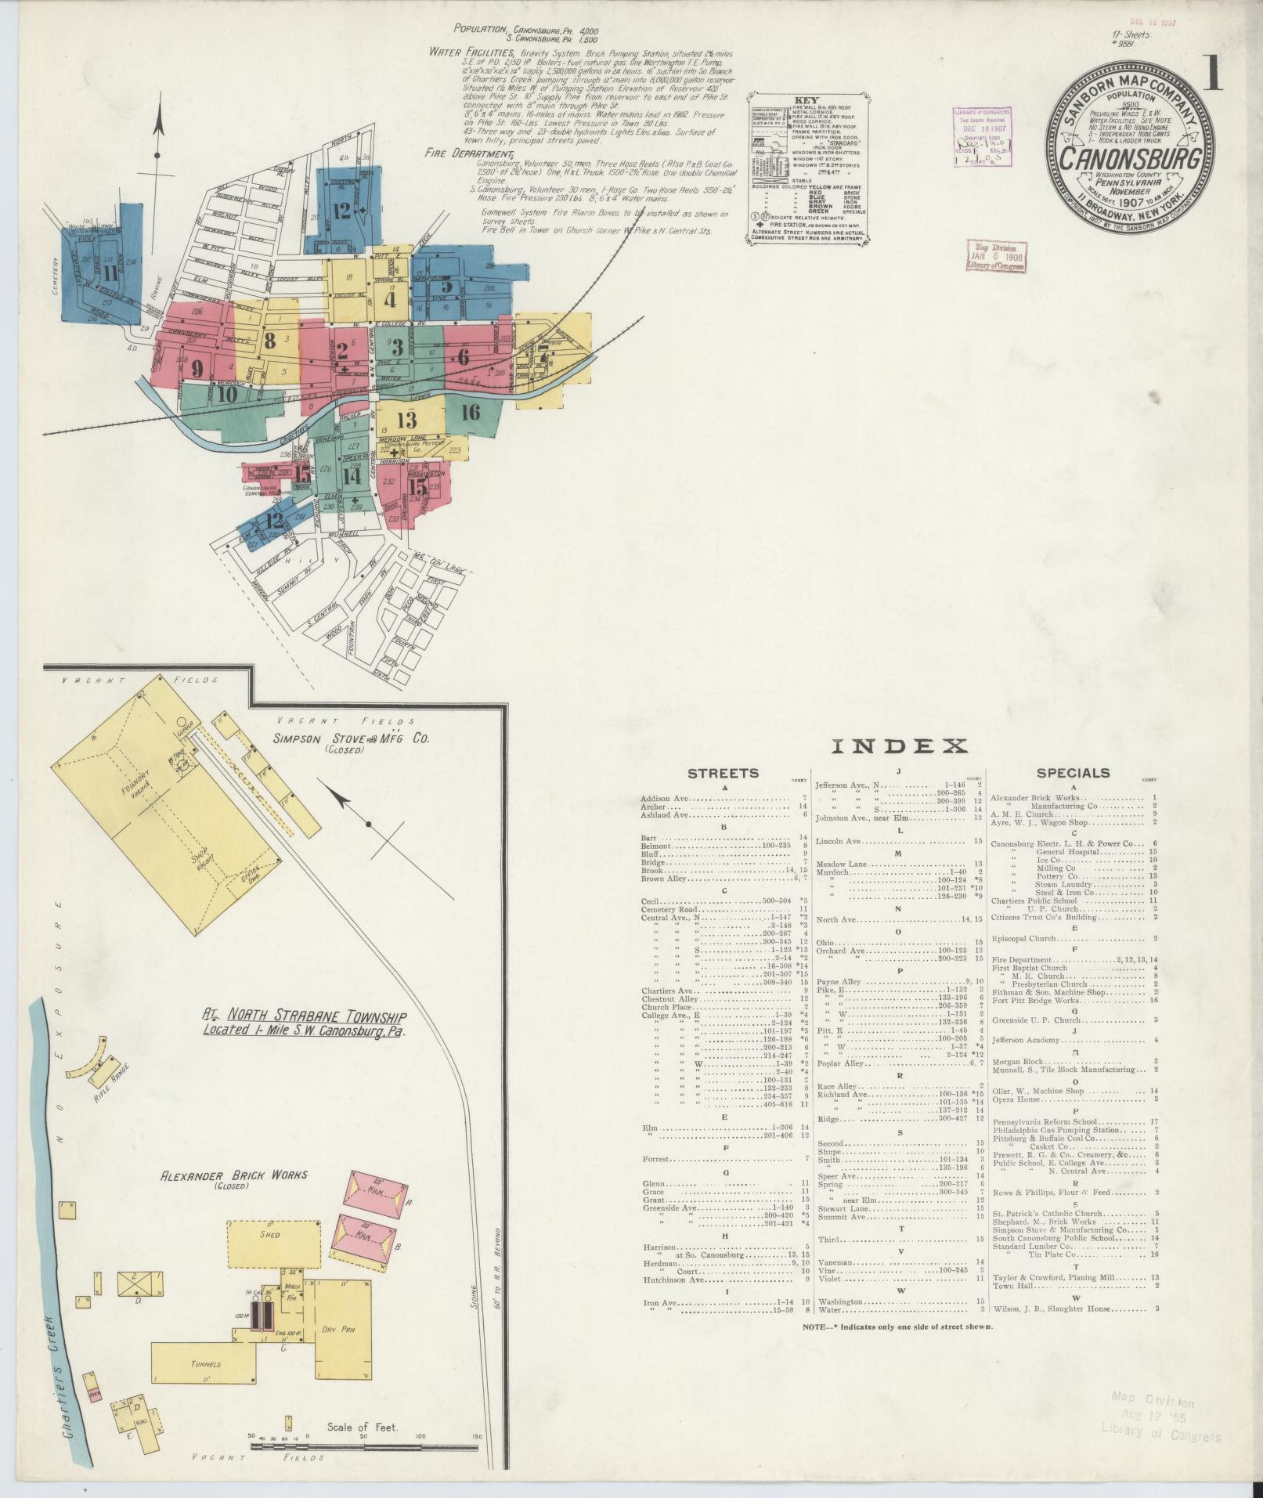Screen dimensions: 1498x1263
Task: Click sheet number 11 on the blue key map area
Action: pyautogui.click(x=109, y=273)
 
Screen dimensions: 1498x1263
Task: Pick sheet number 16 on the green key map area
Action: pyautogui.click(x=470, y=413)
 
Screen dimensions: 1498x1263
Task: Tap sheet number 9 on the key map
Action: pyautogui.click(x=197, y=369)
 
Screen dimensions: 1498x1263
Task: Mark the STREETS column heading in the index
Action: pyautogui.click(x=723, y=773)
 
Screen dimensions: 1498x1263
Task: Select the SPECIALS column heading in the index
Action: pyautogui.click(x=1073, y=773)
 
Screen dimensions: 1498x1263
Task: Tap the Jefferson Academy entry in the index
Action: pyautogui.click(x=1026, y=1041)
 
